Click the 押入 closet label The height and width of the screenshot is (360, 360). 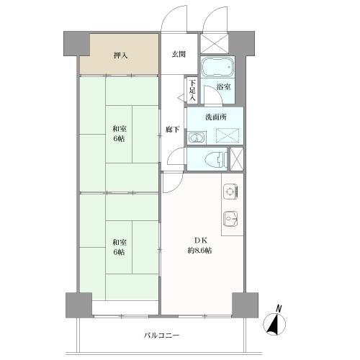(x=120, y=55)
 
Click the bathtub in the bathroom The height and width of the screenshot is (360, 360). (x=217, y=68)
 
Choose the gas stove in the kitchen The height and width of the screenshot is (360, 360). (x=229, y=191)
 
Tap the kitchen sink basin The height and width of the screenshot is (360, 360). (x=230, y=217)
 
